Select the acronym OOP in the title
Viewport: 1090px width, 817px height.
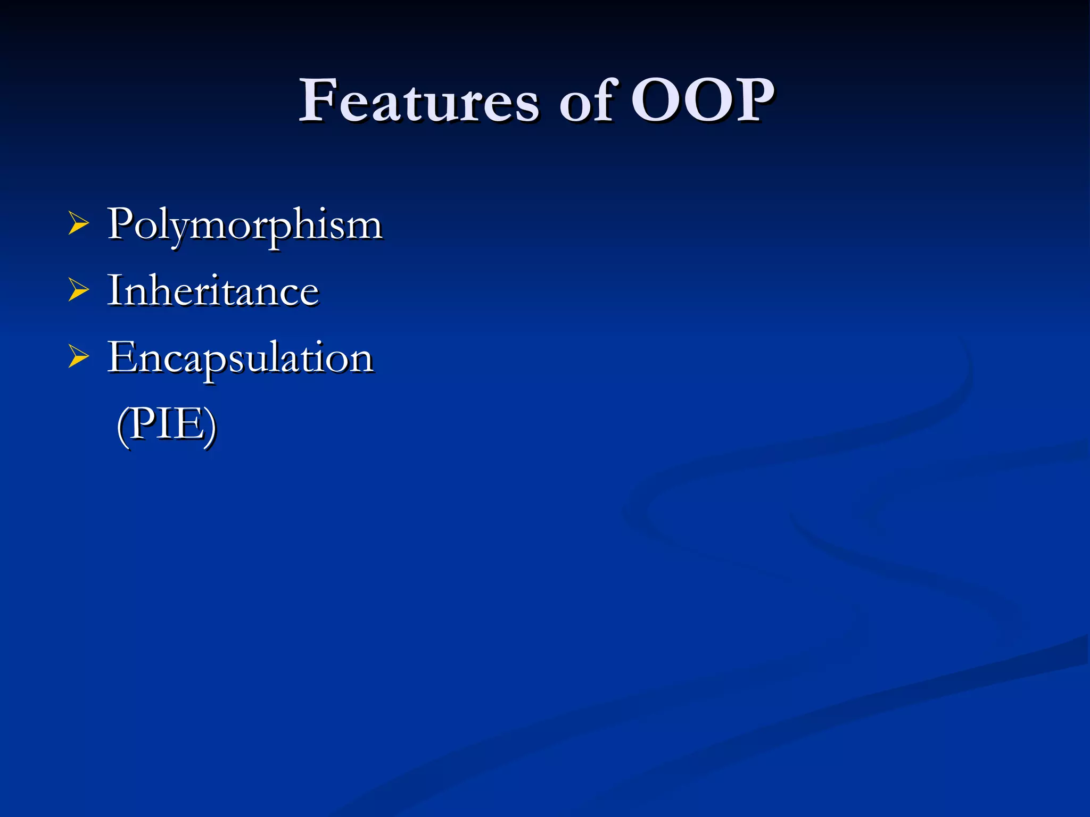[x=702, y=101]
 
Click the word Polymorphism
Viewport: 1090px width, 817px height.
[x=245, y=225]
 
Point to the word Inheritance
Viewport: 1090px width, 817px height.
[x=213, y=291]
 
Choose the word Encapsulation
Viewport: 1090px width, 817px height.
[x=241, y=358]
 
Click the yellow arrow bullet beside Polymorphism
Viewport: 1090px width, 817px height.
[x=78, y=224]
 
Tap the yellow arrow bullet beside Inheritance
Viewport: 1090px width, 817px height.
[x=78, y=291]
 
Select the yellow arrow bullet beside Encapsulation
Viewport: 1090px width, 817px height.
[x=78, y=357]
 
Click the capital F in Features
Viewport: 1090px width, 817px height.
[x=319, y=101]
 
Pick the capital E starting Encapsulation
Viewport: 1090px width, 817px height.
[x=122, y=357]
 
